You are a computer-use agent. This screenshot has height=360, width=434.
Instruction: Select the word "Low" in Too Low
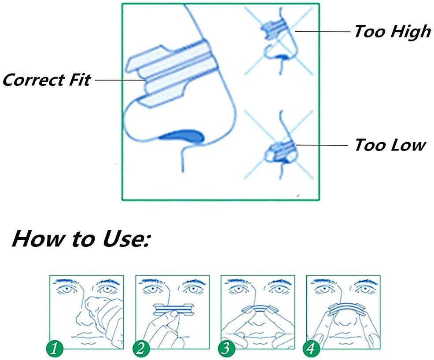point(408,145)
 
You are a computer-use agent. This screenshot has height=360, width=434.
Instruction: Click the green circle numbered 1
point(55,349)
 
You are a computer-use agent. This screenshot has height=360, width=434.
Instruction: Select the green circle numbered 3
point(226,349)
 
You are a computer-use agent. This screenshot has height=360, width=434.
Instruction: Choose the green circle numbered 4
point(311,349)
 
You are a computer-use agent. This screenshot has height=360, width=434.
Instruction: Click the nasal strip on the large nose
point(171,73)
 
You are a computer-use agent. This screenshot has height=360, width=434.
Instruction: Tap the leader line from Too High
point(323,31)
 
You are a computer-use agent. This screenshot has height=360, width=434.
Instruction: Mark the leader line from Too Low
point(322,145)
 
